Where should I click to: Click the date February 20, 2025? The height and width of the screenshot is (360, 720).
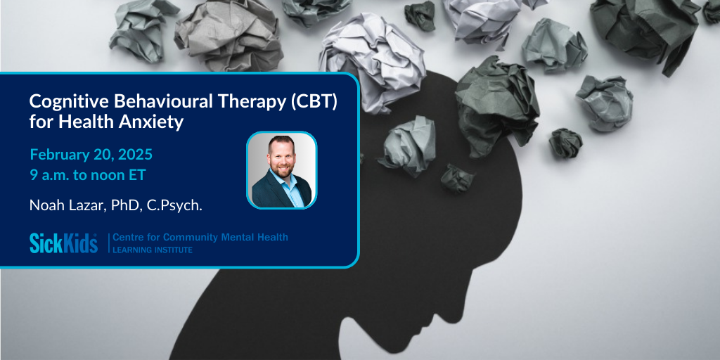[x=91, y=155]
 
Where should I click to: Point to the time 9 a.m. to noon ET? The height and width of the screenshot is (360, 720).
[x=87, y=176]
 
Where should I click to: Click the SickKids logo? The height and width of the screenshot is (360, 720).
[x=63, y=243]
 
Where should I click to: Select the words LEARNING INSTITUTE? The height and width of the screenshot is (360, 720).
[x=153, y=250]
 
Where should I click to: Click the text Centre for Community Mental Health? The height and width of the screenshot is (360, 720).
[x=200, y=238]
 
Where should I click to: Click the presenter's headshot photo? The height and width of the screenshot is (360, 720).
[x=281, y=170]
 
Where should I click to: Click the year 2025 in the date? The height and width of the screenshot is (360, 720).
[x=136, y=155]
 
